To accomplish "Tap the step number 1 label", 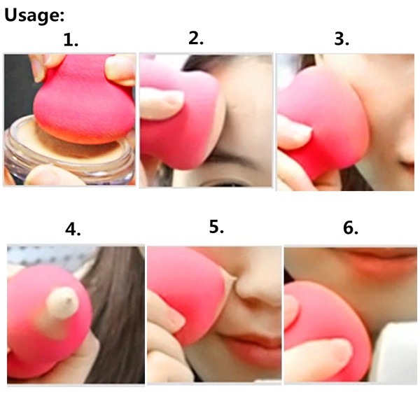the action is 71,40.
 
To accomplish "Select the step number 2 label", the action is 196,38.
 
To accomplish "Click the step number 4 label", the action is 73,230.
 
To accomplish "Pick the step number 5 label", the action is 216,227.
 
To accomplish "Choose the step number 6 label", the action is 351,228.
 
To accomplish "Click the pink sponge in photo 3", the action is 324,120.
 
